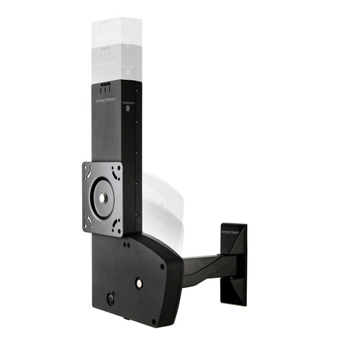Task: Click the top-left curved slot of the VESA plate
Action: [90, 173]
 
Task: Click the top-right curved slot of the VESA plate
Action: [117, 170]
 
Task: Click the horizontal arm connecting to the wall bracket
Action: [205, 266]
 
